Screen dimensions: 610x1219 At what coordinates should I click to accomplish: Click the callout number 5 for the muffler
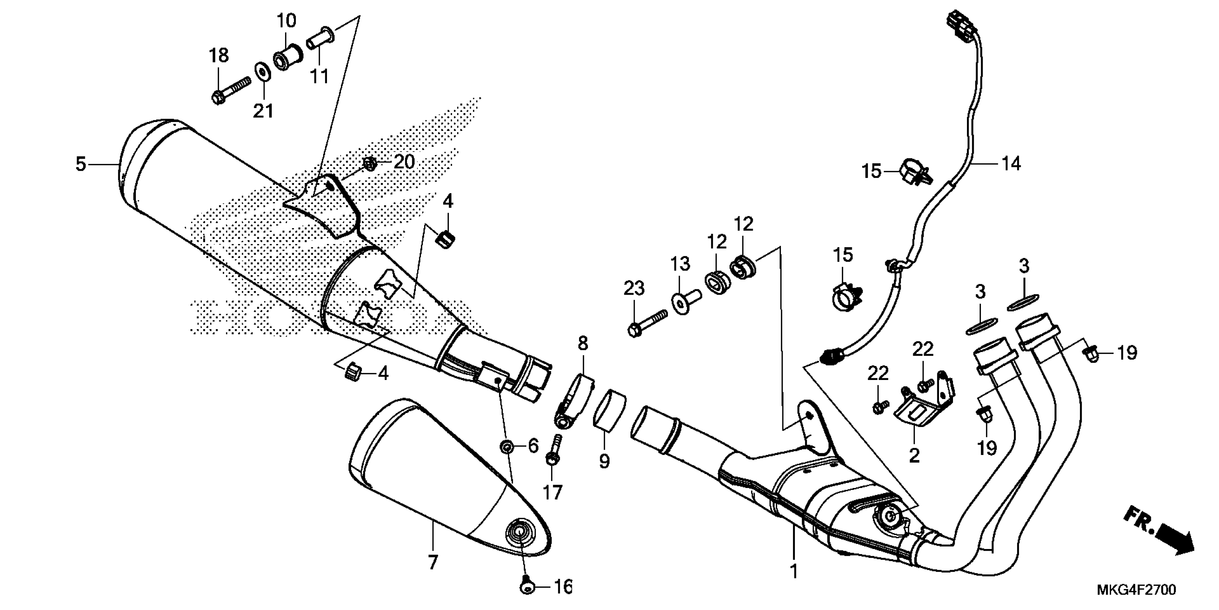[x=80, y=164]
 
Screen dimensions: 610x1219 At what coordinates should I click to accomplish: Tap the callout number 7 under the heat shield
[x=432, y=562]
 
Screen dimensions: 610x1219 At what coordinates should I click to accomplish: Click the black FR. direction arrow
[x=1173, y=542]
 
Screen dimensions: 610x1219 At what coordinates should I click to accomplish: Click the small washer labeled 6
[x=507, y=446]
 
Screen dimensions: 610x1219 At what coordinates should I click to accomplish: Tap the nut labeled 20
[x=370, y=164]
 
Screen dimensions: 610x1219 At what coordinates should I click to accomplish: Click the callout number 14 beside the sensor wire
[x=1010, y=164]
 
